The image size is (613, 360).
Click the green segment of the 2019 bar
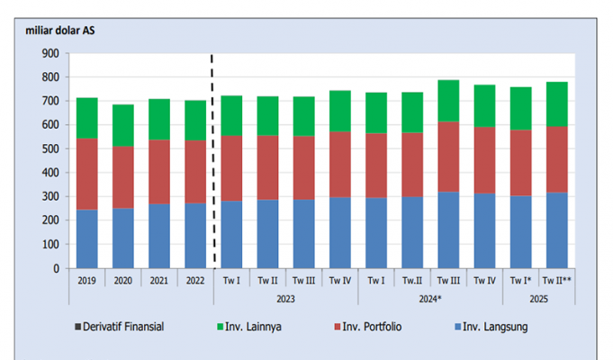click(86, 117)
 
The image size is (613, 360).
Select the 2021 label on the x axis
click(158, 280)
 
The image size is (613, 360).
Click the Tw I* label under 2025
click(519, 280)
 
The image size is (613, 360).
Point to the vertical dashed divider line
click(212, 162)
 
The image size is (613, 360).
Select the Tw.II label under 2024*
click(411, 280)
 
